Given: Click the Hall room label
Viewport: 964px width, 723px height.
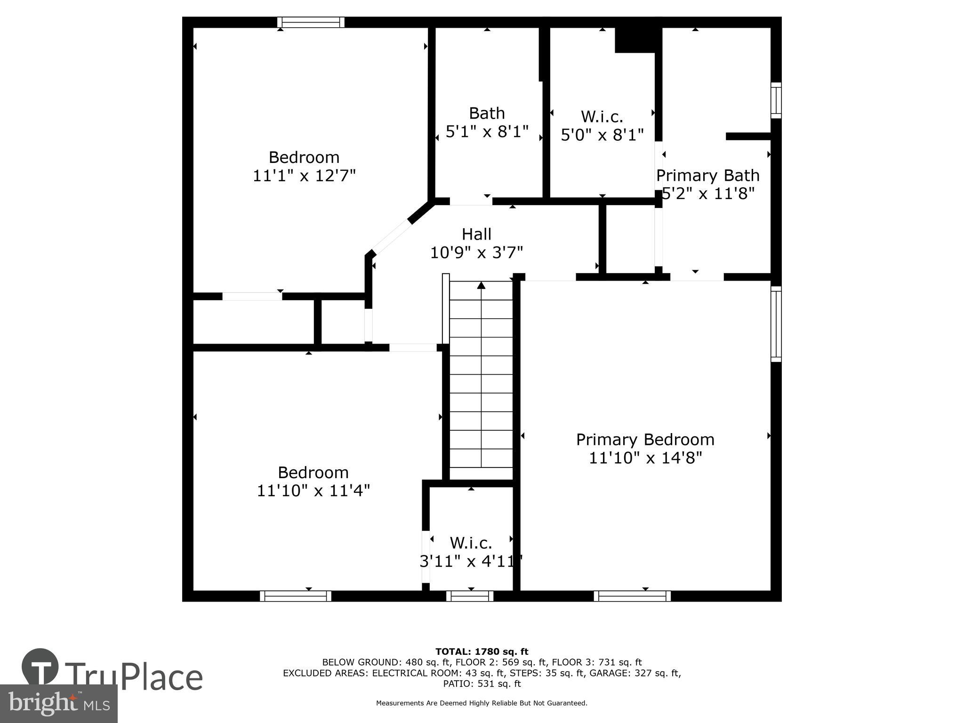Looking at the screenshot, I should coord(476,234).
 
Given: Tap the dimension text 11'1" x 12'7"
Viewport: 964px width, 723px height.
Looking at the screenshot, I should coord(304,176).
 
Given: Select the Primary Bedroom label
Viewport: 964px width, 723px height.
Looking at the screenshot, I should coord(645,439).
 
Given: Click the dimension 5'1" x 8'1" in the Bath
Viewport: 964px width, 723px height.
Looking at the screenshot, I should coord(487,131).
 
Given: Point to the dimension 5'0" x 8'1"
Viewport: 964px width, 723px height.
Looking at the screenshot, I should coord(602,135).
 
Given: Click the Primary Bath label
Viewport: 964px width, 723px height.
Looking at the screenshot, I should coord(707,175).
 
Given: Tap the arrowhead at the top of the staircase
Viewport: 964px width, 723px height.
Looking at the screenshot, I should coord(481,285).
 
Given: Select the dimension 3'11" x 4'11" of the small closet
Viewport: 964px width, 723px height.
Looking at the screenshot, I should coord(471,561).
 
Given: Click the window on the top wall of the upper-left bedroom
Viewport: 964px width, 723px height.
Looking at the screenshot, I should coord(311,22).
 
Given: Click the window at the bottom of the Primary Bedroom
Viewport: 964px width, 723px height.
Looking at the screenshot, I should coord(632,596).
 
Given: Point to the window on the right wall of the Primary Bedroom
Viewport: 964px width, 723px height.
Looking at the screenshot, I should coord(776,324).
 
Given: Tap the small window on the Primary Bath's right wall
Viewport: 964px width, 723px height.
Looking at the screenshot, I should coord(776,100).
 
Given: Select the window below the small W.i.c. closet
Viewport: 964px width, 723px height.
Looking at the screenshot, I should coord(470,596).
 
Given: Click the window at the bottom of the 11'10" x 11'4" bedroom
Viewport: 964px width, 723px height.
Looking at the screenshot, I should coord(296,596).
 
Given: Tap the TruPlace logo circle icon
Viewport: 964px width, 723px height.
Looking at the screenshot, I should coord(40,667).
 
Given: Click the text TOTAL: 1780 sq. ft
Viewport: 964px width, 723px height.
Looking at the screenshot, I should coord(482,651).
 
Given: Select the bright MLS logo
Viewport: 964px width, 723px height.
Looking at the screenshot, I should coord(59,703).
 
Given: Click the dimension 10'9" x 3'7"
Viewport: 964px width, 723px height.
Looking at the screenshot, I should coord(476,253).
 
